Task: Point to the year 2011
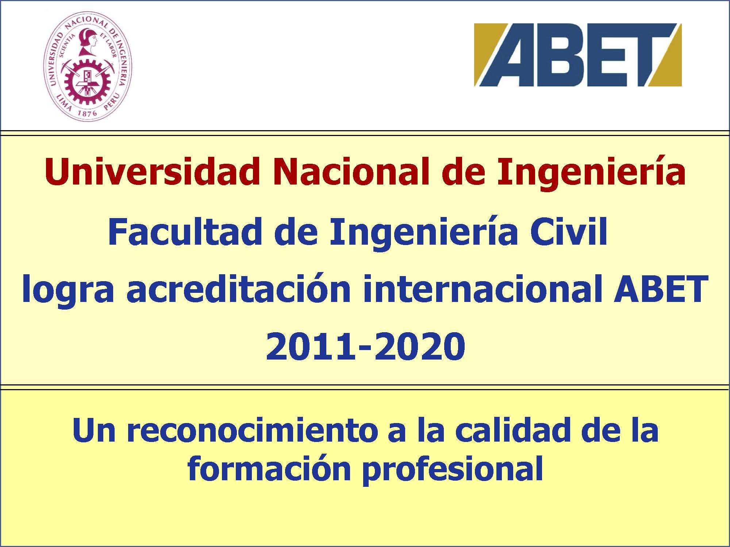click(310, 346)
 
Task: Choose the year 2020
click(420, 346)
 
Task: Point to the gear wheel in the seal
click(88, 80)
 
